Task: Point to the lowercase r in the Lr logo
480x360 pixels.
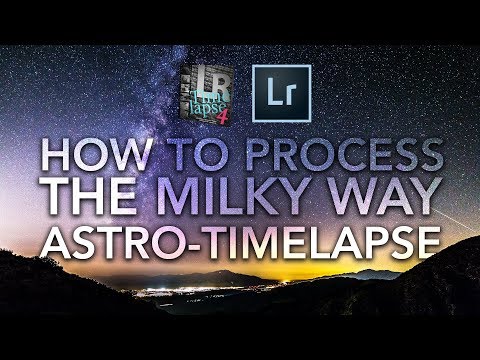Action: (286, 98)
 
